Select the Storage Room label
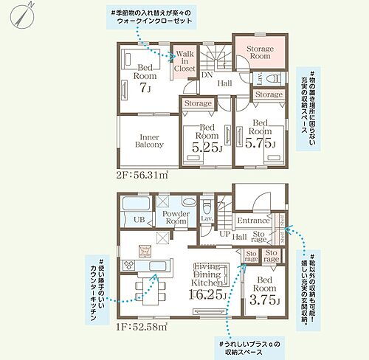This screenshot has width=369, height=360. point(259,51)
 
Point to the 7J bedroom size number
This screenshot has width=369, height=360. point(145,88)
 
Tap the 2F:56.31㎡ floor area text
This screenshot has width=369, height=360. point(143,176)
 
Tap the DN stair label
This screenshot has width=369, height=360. point(207,75)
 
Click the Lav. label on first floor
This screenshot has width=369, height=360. point(207,218)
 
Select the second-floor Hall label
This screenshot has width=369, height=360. point(224,83)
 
